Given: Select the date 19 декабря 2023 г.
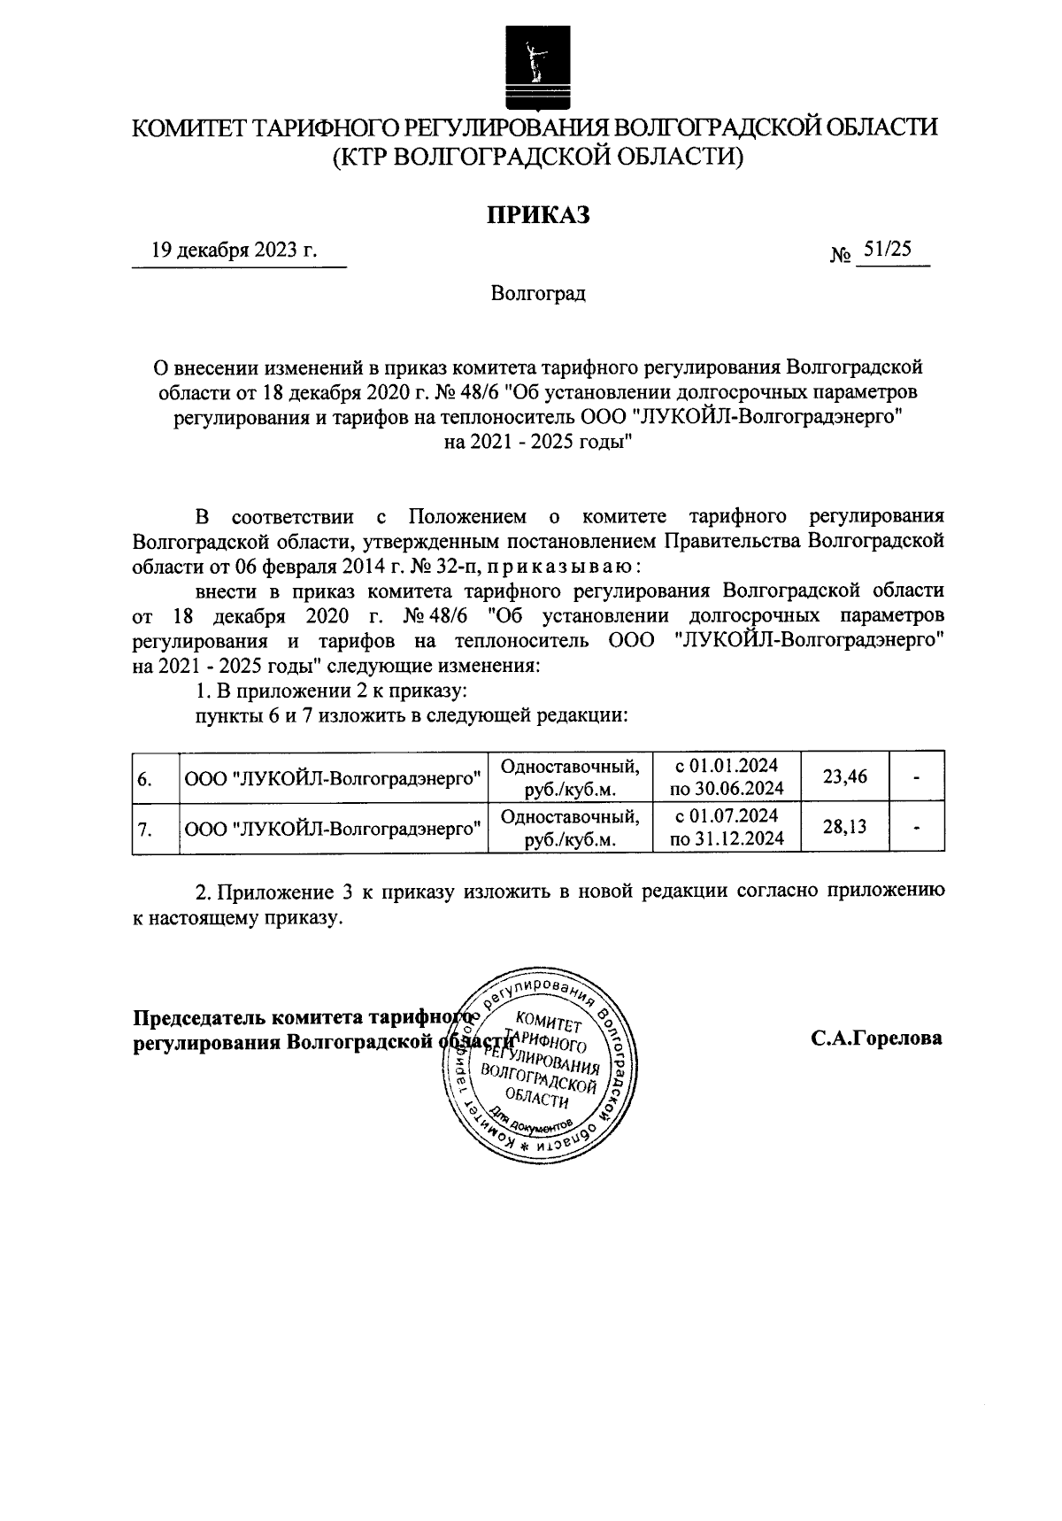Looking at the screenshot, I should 234,250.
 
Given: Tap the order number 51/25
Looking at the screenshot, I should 888,250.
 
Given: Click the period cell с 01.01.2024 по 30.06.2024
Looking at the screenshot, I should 727,777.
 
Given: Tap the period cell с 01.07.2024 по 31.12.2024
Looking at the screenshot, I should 727,829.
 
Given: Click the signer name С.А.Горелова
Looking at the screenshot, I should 876,1038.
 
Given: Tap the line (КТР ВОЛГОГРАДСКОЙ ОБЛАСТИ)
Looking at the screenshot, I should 538,157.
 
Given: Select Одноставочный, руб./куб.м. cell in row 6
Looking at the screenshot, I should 570,777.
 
